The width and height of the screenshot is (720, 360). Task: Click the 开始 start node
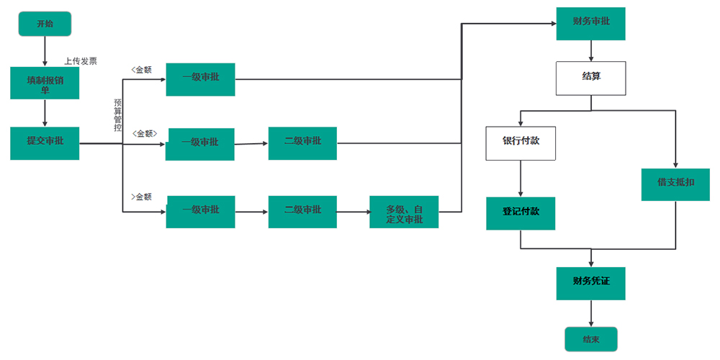pyautogui.click(x=45, y=24)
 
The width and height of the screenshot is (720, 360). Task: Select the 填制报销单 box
pyautogui.click(x=45, y=83)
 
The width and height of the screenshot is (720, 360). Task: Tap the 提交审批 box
pyautogui.click(x=45, y=143)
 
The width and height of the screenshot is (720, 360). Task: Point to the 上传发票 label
pyautogui.click(x=81, y=61)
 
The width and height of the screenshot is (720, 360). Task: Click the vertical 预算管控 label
pyautogui.click(x=118, y=115)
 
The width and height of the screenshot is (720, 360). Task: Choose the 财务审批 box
pyautogui.click(x=590, y=23)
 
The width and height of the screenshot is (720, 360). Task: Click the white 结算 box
pyautogui.click(x=590, y=78)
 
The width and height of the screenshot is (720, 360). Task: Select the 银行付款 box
pyautogui.click(x=521, y=143)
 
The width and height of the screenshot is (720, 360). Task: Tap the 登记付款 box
pyautogui.click(x=521, y=213)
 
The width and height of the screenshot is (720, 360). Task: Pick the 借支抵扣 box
pyautogui.click(x=675, y=184)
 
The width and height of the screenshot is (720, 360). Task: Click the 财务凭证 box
pyautogui.click(x=590, y=282)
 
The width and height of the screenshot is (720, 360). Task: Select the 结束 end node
pyautogui.click(x=590, y=339)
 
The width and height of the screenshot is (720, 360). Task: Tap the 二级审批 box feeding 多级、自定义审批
pyautogui.click(x=302, y=212)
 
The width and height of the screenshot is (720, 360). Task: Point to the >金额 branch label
pyautogui.click(x=141, y=197)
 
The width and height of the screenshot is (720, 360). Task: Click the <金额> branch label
pyautogui.click(x=144, y=134)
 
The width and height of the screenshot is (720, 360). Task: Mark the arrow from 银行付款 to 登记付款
pyautogui.click(x=521, y=178)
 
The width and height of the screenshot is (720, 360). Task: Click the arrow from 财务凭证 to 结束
pyautogui.click(x=590, y=313)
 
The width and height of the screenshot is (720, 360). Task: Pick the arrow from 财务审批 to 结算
pyautogui.click(x=590, y=50)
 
